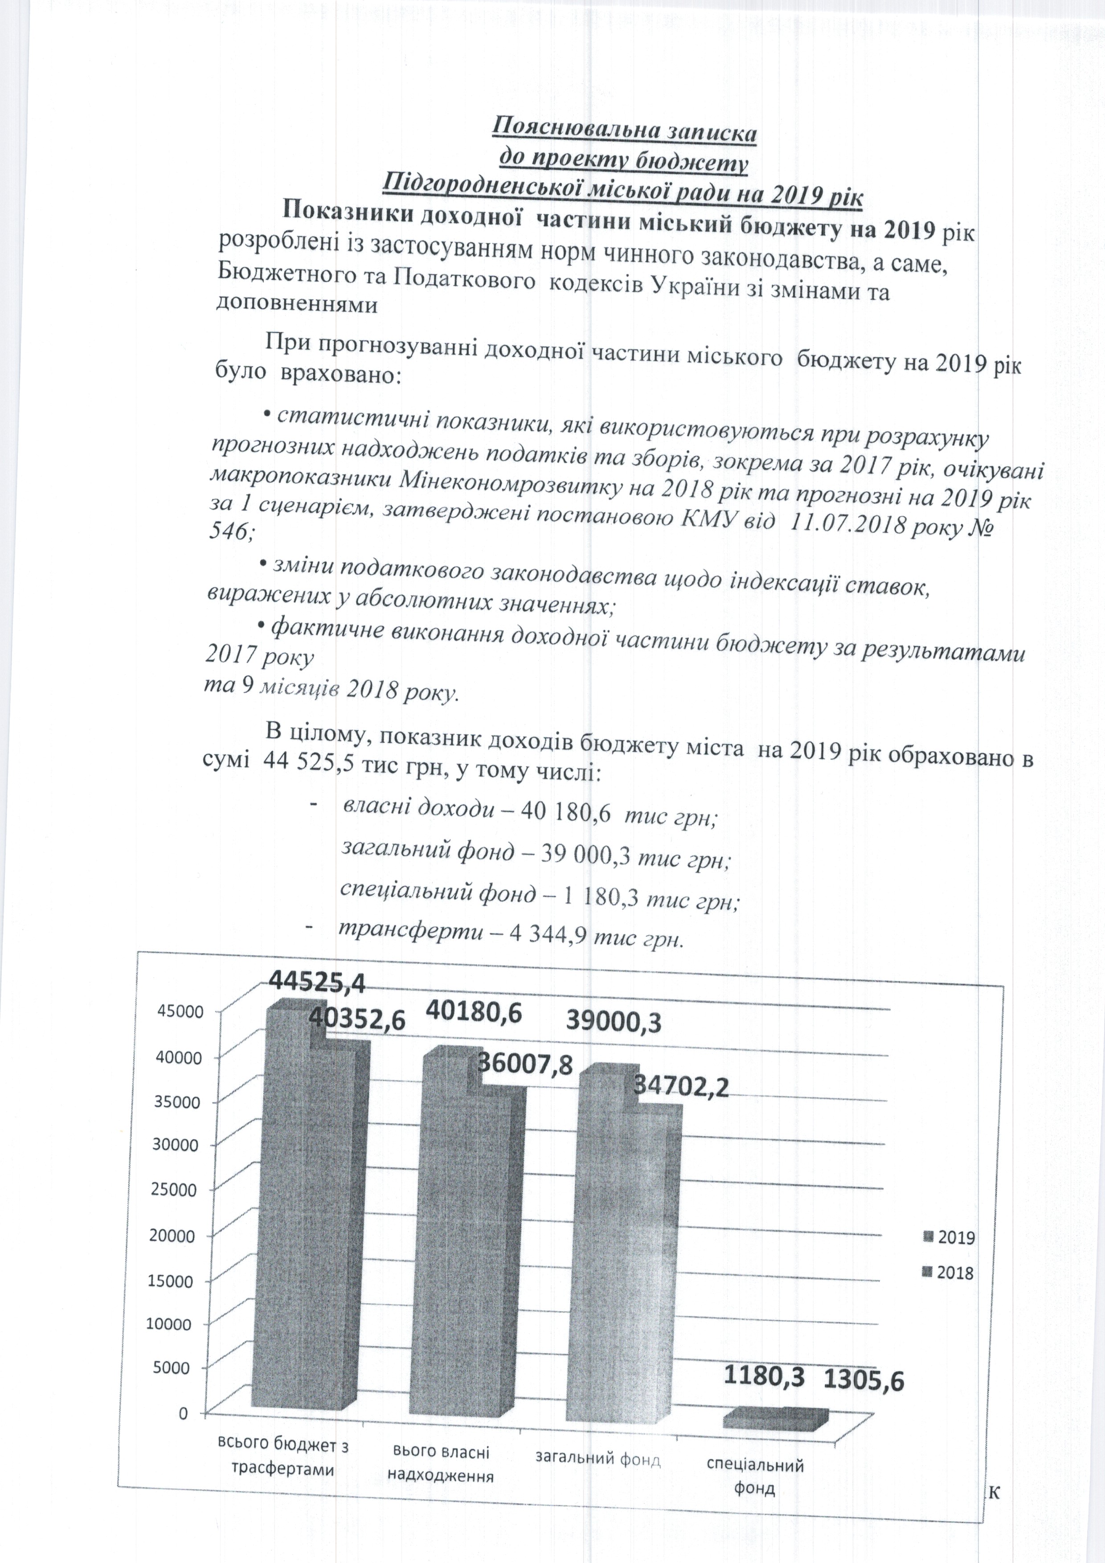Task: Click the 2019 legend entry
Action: [x=950, y=1238]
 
